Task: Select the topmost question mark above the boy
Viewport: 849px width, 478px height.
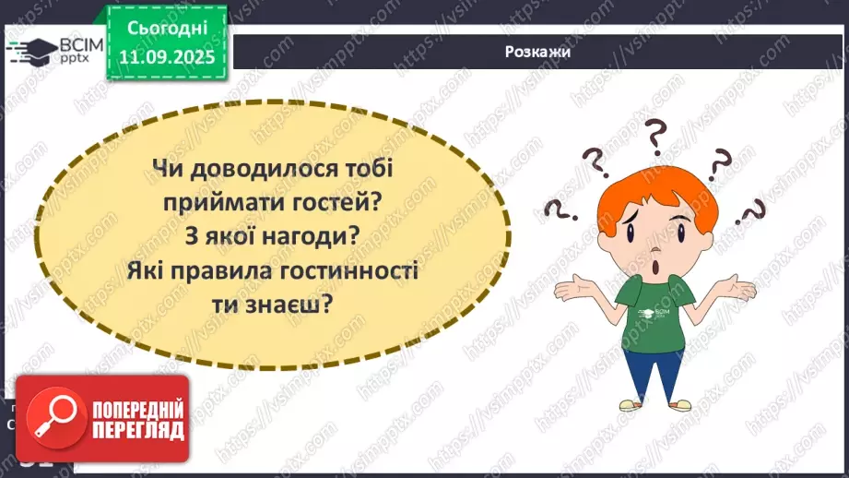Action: [655, 137]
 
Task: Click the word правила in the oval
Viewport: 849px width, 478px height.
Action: [276, 272]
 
